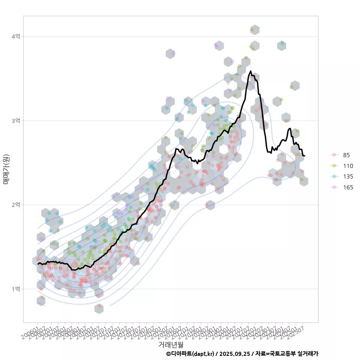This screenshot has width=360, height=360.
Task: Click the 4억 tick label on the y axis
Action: [16, 36]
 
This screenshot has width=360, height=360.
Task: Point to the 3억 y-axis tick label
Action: [16, 121]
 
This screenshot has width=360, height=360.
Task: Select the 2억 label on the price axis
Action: [16, 205]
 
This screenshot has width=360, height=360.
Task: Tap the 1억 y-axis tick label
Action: [16, 289]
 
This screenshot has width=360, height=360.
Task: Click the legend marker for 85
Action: [334, 155]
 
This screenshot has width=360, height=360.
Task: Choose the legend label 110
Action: [348, 166]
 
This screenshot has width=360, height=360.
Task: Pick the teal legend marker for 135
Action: [334, 177]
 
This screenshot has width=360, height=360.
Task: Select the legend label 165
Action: [348, 187]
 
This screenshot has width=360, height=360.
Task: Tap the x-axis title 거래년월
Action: [171, 344]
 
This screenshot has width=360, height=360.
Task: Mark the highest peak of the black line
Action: [250, 71]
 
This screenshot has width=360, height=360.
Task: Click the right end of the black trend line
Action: [304, 156]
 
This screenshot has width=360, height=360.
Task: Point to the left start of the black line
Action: [38, 264]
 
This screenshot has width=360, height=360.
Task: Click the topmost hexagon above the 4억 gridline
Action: [255, 30]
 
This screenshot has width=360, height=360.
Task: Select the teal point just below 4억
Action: [282, 43]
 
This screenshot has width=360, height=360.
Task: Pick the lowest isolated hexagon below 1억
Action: [99, 308]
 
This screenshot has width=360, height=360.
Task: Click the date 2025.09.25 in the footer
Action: [235, 354]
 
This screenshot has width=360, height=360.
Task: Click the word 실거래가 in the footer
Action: [307, 354]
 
